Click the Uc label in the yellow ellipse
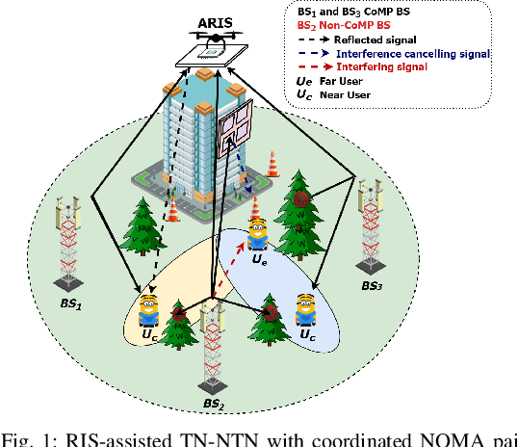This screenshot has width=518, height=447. click(x=148, y=334)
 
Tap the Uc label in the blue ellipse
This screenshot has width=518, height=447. click(x=306, y=335)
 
